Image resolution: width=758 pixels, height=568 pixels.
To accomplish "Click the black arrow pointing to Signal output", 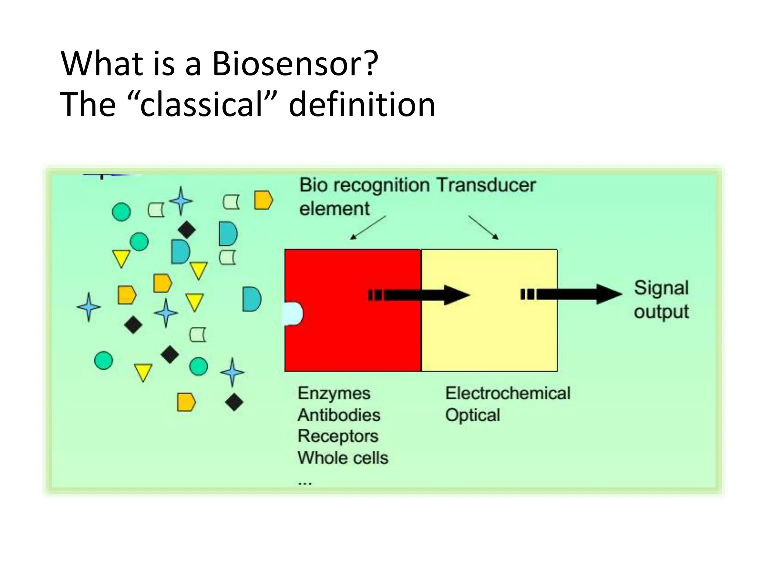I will point(577,294).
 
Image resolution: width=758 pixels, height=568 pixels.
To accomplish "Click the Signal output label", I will point(661,300).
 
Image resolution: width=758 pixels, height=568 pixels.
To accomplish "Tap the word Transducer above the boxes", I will point(486,185).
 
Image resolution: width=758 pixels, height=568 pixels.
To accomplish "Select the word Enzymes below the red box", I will point(333,393).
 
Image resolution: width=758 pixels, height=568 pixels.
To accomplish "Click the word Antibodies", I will point(339,415).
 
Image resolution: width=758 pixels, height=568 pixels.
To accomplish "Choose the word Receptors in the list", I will point(338,436).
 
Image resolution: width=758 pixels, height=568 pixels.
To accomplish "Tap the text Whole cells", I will point(343,458).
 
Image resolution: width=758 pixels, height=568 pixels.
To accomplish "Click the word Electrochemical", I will point(507,393).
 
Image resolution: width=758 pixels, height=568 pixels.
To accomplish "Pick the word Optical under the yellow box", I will point(472,415).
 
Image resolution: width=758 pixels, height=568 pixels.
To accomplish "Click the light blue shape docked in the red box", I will point(293,314).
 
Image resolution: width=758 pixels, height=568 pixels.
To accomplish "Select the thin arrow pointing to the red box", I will point(368,227).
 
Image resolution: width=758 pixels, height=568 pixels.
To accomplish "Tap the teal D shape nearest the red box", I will point(252,299).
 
